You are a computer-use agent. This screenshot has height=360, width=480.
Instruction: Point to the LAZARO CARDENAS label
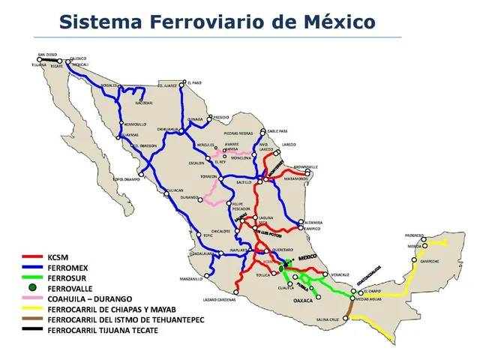pos(219,299)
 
